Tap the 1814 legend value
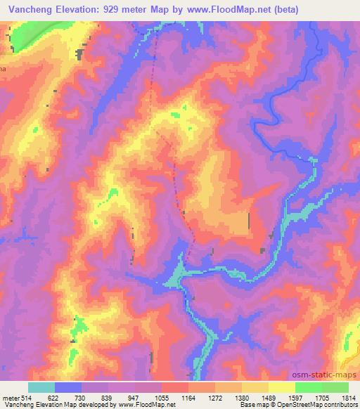[x=349, y=397]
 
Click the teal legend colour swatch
[x=41, y=387]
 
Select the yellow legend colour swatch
[x=282, y=387]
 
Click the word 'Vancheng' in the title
[x=28, y=9]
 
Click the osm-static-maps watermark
[x=330, y=377]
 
